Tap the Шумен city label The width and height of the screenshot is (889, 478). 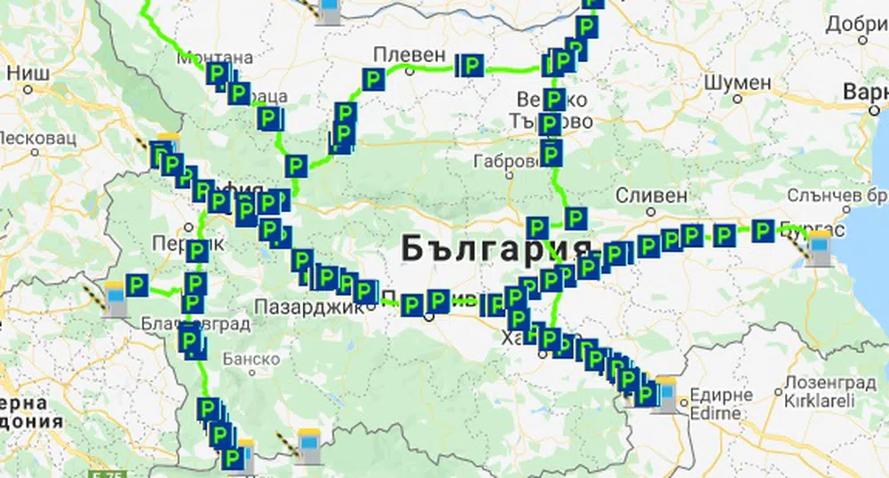click(x=737, y=82)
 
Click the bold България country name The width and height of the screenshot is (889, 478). click(x=496, y=248)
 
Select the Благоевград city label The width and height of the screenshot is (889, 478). click(x=195, y=323)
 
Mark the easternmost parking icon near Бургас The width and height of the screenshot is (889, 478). click(x=763, y=232)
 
